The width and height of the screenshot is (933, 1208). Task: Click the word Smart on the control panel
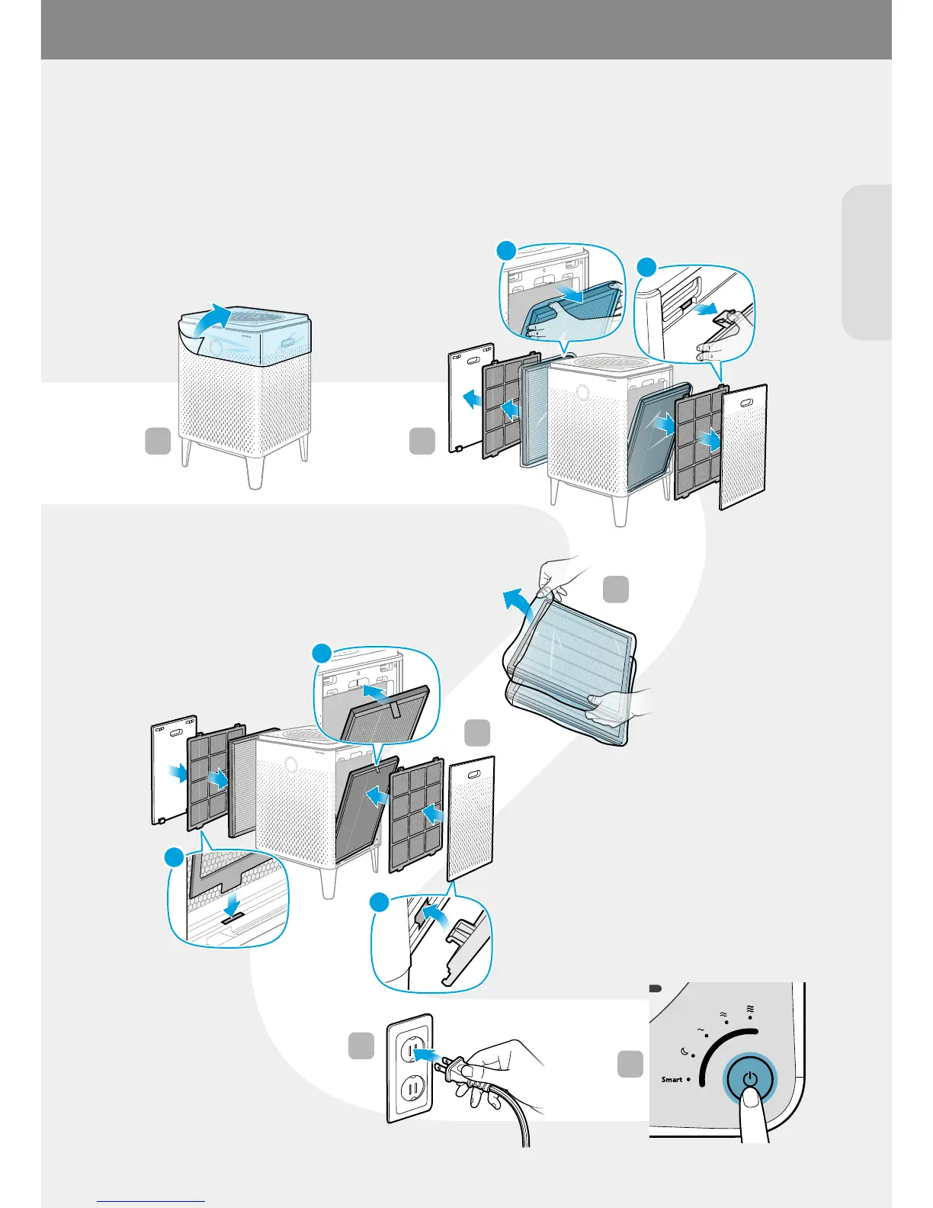672,1079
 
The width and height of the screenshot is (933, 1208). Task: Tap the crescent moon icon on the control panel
685,1052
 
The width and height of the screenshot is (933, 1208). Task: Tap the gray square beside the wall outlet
361,1046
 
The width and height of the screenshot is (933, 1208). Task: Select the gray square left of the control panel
630,1064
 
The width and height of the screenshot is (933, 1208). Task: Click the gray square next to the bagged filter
616,590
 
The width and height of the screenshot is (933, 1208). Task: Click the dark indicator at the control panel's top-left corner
655,988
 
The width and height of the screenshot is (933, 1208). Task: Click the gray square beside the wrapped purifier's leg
158,442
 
